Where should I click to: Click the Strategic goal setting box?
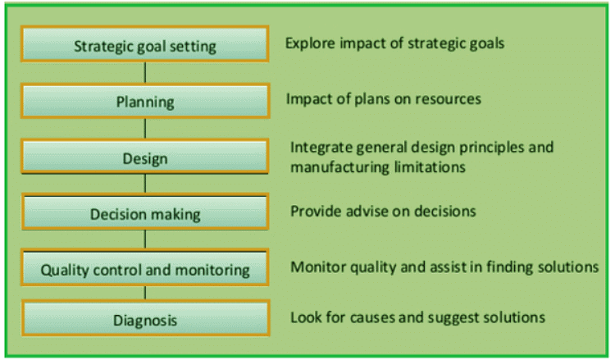pyautogui.click(x=144, y=44)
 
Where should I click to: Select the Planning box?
pyautogui.click(x=145, y=101)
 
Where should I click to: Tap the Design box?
pyautogui.click(x=144, y=157)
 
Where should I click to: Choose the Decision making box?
pyautogui.click(x=144, y=212)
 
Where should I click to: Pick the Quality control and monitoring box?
pyautogui.click(x=144, y=267)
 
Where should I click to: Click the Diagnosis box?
pyautogui.click(x=145, y=318)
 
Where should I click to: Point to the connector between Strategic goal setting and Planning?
pyautogui.click(x=145, y=73)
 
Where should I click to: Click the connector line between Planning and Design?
pyautogui.click(x=145, y=129)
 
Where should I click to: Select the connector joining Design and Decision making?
pyautogui.click(x=145, y=184)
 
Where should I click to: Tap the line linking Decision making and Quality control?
pyautogui.click(x=145, y=239)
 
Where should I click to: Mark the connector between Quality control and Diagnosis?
pyautogui.click(x=145, y=293)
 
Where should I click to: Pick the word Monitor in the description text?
pyautogui.click(x=317, y=267)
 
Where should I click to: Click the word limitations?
pyautogui.click(x=430, y=167)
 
